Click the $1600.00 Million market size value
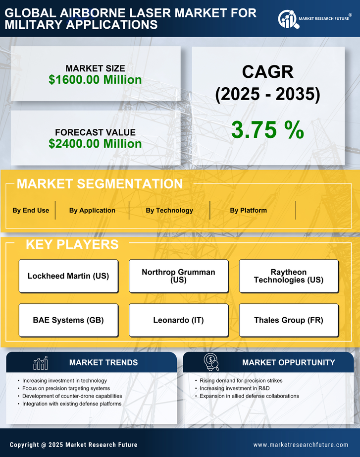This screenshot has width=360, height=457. (95, 80)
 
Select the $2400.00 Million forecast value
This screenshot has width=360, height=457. (95, 144)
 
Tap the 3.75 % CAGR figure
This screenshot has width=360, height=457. (267, 130)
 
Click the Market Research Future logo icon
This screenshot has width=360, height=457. (288, 19)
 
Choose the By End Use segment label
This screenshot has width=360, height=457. (31, 210)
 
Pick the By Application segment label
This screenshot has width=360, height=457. (92, 210)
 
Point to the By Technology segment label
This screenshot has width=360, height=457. (169, 210)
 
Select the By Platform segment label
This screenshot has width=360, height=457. (248, 210)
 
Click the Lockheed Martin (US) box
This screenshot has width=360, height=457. (68, 276)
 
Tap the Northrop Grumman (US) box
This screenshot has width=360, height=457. (178, 276)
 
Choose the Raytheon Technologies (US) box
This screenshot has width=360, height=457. (289, 276)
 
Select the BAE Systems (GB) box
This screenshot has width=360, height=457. (68, 320)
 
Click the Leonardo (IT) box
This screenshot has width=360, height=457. (178, 320)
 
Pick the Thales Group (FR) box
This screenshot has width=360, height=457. (289, 320)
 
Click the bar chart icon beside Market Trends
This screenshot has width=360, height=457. (41, 363)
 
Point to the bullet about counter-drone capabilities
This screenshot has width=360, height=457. (72, 396)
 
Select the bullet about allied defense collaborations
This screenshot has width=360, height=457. (249, 396)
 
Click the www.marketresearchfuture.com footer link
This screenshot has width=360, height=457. (301, 445)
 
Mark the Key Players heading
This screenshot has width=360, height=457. (72, 244)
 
